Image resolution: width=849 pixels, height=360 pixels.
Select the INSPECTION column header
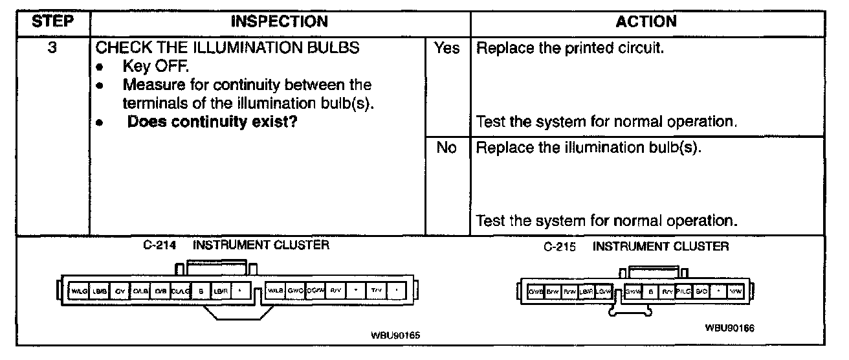[280, 21]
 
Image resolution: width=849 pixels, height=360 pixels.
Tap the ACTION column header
[646, 21]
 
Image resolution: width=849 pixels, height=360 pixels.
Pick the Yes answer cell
[447, 49]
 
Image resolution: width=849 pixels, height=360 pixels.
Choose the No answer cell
[447, 148]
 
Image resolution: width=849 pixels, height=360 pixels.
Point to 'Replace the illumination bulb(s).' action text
[589, 148]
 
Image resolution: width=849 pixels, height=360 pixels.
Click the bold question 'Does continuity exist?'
[212, 121]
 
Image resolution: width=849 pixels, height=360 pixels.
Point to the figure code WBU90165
[395, 335]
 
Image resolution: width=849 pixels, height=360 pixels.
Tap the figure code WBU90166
[730, 328]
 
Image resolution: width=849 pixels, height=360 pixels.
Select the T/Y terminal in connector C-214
[376, 291]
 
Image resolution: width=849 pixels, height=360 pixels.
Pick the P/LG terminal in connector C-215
[684, 292]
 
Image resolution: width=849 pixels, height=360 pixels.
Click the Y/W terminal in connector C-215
[736, 292]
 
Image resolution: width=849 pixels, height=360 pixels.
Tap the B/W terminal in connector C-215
[553, 292]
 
